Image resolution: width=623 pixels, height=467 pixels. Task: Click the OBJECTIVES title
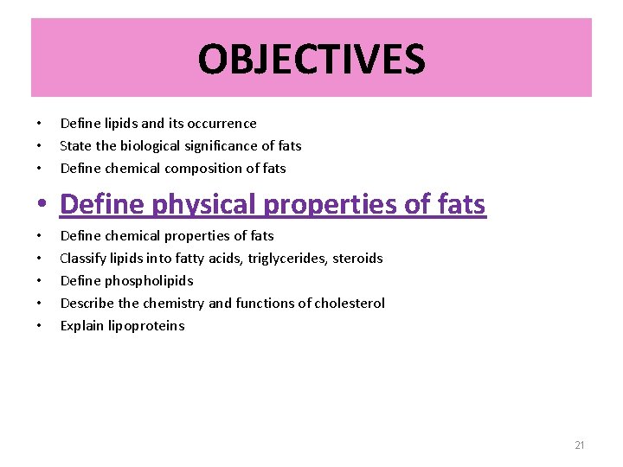(311, 60)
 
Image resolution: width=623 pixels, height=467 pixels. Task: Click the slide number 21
(580, 445)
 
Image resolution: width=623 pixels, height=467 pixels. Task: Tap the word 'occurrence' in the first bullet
(222, 124)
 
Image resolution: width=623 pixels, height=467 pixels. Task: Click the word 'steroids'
(357, 259)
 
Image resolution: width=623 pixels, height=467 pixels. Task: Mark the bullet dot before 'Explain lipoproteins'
(39, 326)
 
